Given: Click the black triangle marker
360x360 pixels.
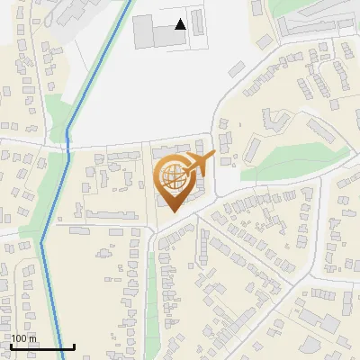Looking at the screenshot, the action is [x=180, y=25].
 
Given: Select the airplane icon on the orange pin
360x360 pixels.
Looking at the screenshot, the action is [x=198, y=164].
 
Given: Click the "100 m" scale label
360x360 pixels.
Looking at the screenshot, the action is [x=23, y=338].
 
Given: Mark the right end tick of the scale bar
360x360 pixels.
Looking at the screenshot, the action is [x=73, y=346].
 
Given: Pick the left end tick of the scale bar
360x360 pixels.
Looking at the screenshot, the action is [x=10, y=346].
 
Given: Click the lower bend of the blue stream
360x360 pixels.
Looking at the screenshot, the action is [x=42, y=241].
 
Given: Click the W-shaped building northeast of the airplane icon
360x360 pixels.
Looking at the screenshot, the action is [x=274, y=120].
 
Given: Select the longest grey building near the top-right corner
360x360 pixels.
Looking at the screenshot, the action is [x=315, y=25].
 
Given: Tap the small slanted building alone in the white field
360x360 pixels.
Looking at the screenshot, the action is [x=237, y=68].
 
